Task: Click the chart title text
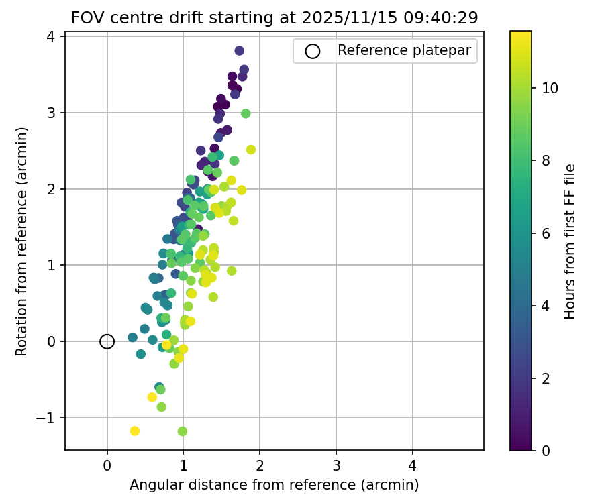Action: click(x=274, y=18)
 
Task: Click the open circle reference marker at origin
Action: click(x=107, y=341)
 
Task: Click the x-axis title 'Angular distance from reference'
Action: click(x=274, y=484)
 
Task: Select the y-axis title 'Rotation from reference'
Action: click(x=22, y=240)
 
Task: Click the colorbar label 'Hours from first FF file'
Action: click(x=570, y=240)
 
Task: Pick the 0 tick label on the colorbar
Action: click(x=546, y=450)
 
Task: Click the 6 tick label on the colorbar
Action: click(x=546, y=233)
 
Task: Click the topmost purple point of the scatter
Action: click(x=240, y=50)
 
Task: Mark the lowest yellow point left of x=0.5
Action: click(x=134, y=431)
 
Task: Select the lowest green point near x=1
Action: click(x=182, y=431)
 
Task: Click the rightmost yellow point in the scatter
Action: click(x=251, y=150)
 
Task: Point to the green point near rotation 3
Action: click(x=246, y=113)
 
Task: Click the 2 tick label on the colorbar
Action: click(x=546, y=378)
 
